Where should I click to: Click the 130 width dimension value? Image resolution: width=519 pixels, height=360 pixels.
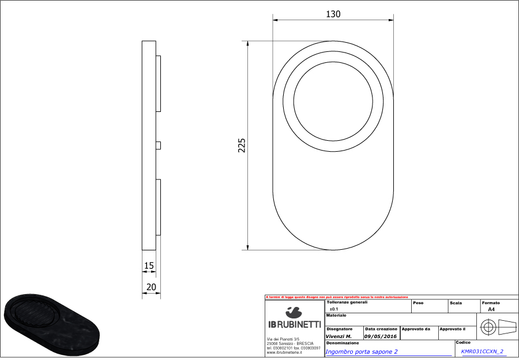pos(333,14)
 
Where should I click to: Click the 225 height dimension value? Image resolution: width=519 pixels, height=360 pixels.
pos(242,145)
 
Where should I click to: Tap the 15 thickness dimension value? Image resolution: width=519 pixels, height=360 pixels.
pos(149,266)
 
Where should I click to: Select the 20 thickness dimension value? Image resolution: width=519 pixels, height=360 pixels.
pos(151,287)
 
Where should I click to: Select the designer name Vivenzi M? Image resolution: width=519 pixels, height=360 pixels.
pos(339,335)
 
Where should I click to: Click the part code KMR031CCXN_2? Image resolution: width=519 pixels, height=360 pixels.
pos(482,351)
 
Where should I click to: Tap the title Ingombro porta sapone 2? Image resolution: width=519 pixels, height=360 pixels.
pos(362,351)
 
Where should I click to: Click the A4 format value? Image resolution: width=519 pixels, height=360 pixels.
pos(491,309)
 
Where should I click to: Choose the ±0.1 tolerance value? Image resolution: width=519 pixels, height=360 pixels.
pos(334,309)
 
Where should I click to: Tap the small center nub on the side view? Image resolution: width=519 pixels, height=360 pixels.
pos(159,145)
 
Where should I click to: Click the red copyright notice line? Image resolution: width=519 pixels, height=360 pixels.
pos(336,297)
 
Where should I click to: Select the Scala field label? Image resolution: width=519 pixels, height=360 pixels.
pos(456,302)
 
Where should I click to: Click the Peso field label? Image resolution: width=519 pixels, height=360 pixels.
pos(418,302)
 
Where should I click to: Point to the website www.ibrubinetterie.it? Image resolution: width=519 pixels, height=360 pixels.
pos(285,352)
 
